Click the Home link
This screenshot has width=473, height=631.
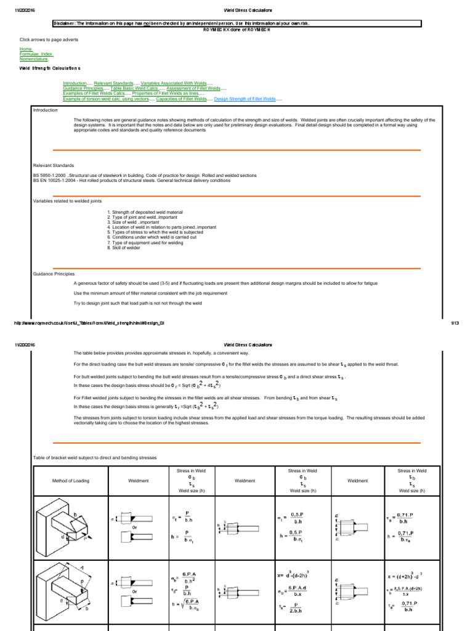pyautogui.click(x=25, y=48)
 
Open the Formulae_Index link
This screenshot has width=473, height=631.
pyautogui.click(x=34, y=53)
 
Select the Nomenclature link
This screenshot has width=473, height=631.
pyautogui.click(x=33, y=58)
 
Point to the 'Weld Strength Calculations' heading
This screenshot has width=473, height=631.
pyautogui.click(x=50, y=68)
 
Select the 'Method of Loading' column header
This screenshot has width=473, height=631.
pyautogui.click(x=70, y=481)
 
